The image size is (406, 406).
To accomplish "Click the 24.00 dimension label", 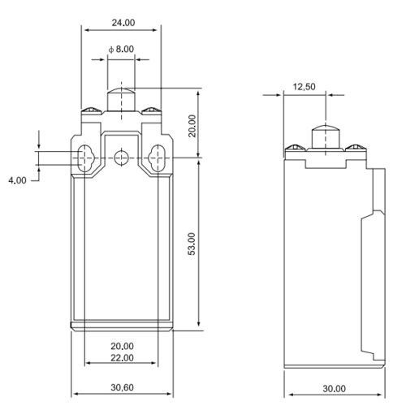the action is tap(123, 23).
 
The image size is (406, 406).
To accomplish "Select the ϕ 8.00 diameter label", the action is tap(121, 50).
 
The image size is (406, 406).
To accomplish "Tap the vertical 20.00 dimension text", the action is tap(192, 126).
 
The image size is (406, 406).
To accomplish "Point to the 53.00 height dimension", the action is tap(192, 244).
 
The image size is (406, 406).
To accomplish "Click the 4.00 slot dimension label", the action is tap(17, 180).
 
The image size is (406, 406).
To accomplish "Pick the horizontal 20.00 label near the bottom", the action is tap(122, 346).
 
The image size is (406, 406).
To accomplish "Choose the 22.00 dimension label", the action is tap(122, 358).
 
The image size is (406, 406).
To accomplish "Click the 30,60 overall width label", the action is tap(122, 387).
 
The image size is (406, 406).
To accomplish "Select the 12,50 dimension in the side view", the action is tap(304, 87).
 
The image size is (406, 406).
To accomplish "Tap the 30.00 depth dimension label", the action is tap(335, 389).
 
